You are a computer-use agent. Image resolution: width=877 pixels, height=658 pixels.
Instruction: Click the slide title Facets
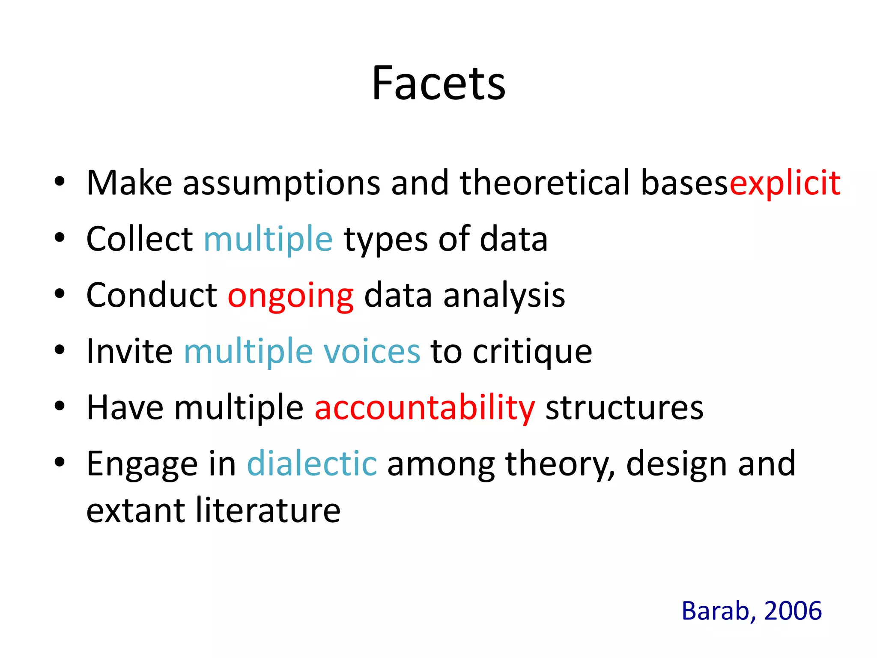click(438, 84)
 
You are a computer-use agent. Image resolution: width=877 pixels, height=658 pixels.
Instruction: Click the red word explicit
click(785, 183)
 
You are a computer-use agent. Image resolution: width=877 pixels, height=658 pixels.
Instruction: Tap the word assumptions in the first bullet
click(281, 183)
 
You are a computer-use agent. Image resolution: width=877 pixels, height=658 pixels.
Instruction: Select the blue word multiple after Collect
click(268, 239)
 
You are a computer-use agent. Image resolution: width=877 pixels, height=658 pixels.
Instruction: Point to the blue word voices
click(372, 351)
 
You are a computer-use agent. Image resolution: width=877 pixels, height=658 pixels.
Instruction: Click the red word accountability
click(424, 407)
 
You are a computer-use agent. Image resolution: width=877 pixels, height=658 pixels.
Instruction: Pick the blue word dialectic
click(312, 464)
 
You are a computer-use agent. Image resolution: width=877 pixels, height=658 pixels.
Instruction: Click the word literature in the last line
click(268, 511)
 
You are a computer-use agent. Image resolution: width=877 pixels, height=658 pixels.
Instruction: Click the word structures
click(624, 407)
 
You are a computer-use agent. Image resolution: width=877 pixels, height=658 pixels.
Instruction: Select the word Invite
click(129, 351)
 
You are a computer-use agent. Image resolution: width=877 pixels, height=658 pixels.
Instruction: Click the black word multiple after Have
click(239, 407)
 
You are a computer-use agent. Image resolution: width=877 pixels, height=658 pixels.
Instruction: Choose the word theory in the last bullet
click(559, 464)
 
